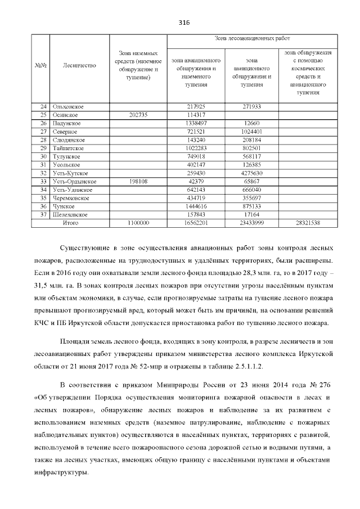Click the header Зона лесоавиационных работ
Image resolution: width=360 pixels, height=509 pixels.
point(252,38)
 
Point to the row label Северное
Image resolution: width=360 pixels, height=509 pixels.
point(64,131)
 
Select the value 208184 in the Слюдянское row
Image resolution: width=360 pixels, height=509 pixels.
point(251,139)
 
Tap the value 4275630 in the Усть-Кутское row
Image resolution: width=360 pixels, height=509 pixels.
point(251,173)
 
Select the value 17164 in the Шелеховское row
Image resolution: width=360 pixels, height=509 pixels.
point(251,215)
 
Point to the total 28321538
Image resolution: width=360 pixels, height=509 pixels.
point(308,223)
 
